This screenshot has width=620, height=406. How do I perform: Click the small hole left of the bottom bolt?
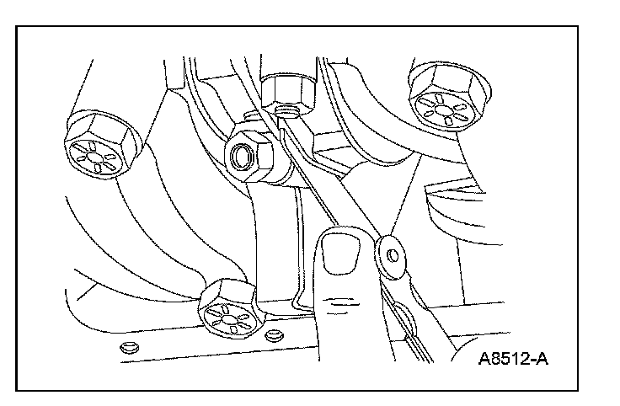tap(128, 347)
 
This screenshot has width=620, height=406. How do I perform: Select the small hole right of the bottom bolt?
tap(272, 336)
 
